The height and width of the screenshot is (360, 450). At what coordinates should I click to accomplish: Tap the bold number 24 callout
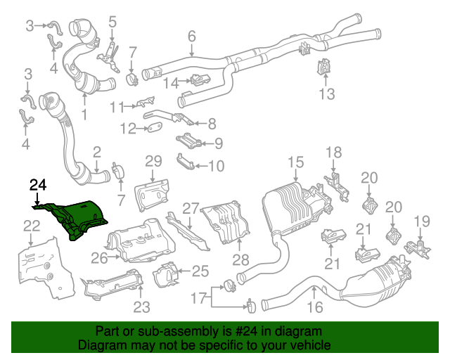click(38, 186)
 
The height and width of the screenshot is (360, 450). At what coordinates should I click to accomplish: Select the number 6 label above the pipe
click(191, 37)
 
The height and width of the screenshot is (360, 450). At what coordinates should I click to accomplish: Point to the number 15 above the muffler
click(295, 165)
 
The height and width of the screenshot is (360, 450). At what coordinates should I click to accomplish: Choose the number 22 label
click(31, 226)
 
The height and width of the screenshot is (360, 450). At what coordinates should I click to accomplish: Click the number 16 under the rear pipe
click(314, 307)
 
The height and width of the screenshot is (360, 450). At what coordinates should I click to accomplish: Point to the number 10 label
click(216, 167)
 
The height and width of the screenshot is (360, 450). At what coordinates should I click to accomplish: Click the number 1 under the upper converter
click(84, 114)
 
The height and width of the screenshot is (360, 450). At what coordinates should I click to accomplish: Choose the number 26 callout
click(99, 258)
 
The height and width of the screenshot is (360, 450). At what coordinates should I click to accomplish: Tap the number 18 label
click(333, 153)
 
